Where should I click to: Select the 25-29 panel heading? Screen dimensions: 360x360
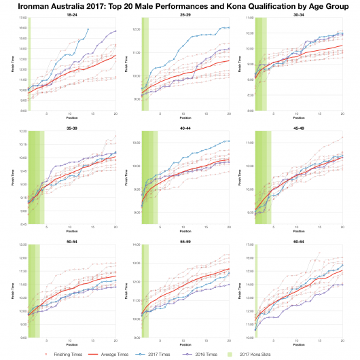(x=185, y=14)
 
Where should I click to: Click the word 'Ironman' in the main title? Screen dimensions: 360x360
(x=31, y=5)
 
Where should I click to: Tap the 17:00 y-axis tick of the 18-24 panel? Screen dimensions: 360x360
(x=22, y=18)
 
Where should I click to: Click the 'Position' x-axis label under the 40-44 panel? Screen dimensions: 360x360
(x=185, y=231)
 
